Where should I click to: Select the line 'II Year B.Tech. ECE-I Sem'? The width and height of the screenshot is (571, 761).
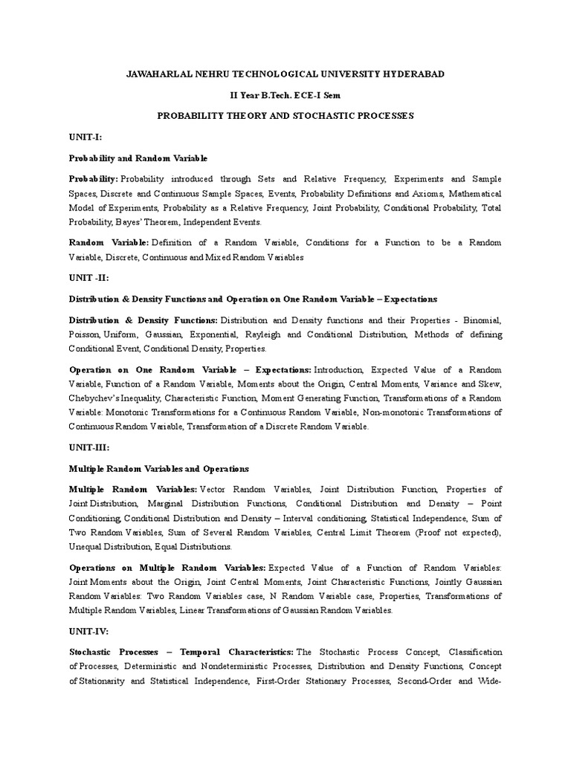(x=286, y=96)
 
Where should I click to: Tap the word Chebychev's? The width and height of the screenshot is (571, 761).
(x=94, y=398)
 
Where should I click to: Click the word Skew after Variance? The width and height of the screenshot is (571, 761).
(x=491, y=384)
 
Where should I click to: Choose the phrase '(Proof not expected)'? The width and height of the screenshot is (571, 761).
(x=457, y=533)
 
